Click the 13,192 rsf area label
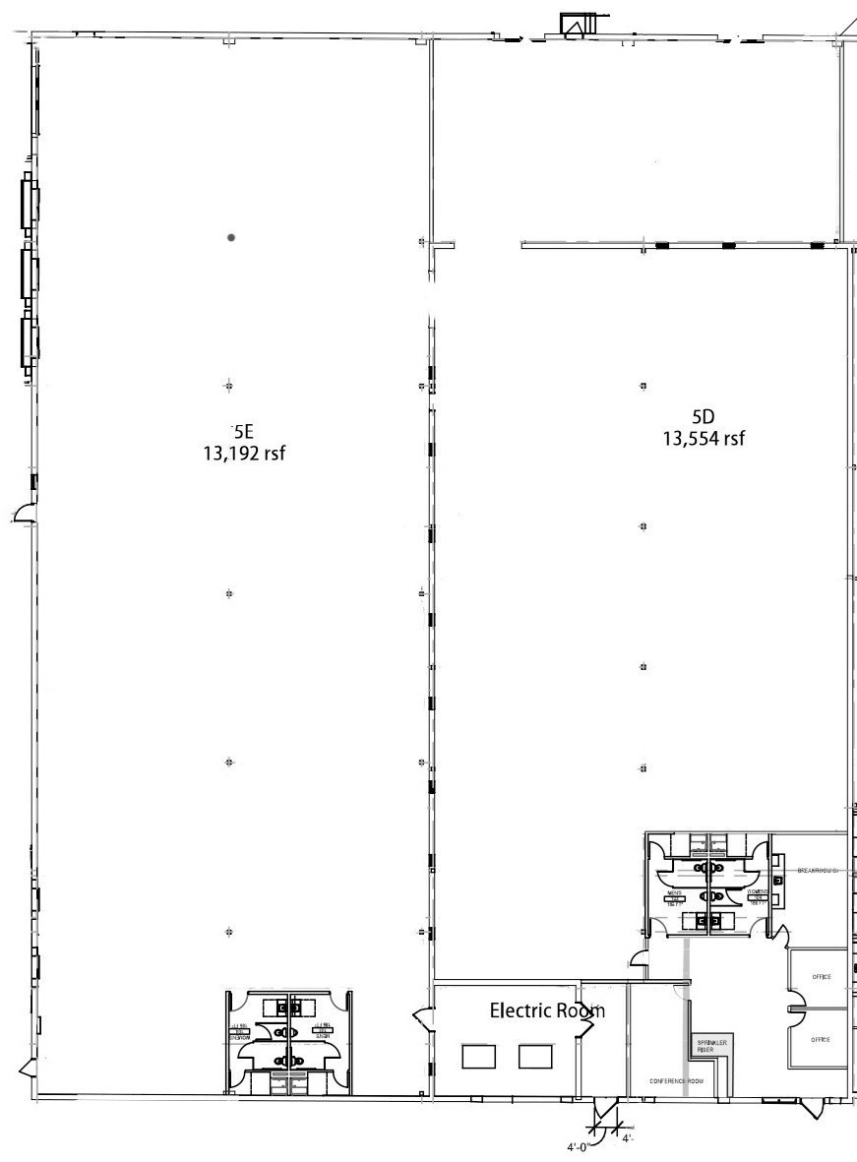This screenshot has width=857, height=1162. point(242,454)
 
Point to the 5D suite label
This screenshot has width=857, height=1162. point(703,415)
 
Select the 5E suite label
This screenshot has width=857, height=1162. point(242,430)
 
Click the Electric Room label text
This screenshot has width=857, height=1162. point(547,1010)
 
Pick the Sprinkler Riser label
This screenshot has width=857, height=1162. point(705,1047)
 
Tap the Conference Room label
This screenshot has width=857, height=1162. point(676,1081)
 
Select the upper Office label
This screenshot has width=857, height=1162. point(821,977)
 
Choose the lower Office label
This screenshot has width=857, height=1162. point(821,1040)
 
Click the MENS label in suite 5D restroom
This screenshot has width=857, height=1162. point(675,893)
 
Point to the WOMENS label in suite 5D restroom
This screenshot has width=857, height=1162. point(757,892)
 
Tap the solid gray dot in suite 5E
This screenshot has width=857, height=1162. point(231,237)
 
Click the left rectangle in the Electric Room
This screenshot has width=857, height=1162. point(478,1057)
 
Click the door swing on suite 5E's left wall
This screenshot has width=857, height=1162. point(25,513)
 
